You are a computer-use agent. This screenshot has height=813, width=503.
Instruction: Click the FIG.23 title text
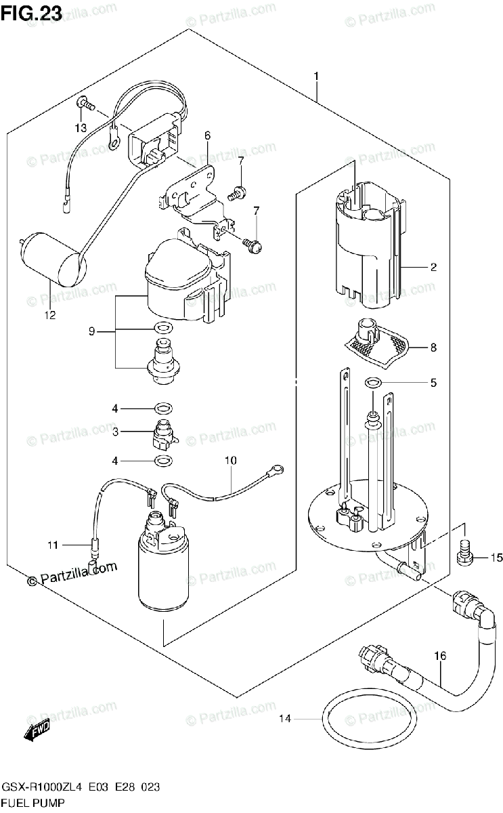coord(31,13)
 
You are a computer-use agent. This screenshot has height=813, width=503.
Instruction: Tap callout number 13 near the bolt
coord(81,127)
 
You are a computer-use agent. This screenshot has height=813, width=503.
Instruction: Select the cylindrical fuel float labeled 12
coord(53,259)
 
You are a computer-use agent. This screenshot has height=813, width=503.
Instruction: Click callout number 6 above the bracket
coord(207,135)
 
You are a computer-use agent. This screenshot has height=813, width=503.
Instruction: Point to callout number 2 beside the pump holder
coord(433,268)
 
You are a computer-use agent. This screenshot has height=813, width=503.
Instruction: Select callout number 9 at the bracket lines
coord(92,331)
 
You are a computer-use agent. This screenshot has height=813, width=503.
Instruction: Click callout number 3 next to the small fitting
coord(115,432)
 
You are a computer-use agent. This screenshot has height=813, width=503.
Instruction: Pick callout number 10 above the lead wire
coord(231,460)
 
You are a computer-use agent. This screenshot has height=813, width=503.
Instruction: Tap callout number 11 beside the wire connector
coord(53,545)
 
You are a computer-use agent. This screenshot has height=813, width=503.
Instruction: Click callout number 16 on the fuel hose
coord(440,656)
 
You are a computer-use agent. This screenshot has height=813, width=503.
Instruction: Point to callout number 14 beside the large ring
coord(285,718)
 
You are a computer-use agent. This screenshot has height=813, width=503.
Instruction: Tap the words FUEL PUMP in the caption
coord(33,802)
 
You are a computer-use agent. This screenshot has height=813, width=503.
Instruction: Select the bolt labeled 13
coord(85,104)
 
